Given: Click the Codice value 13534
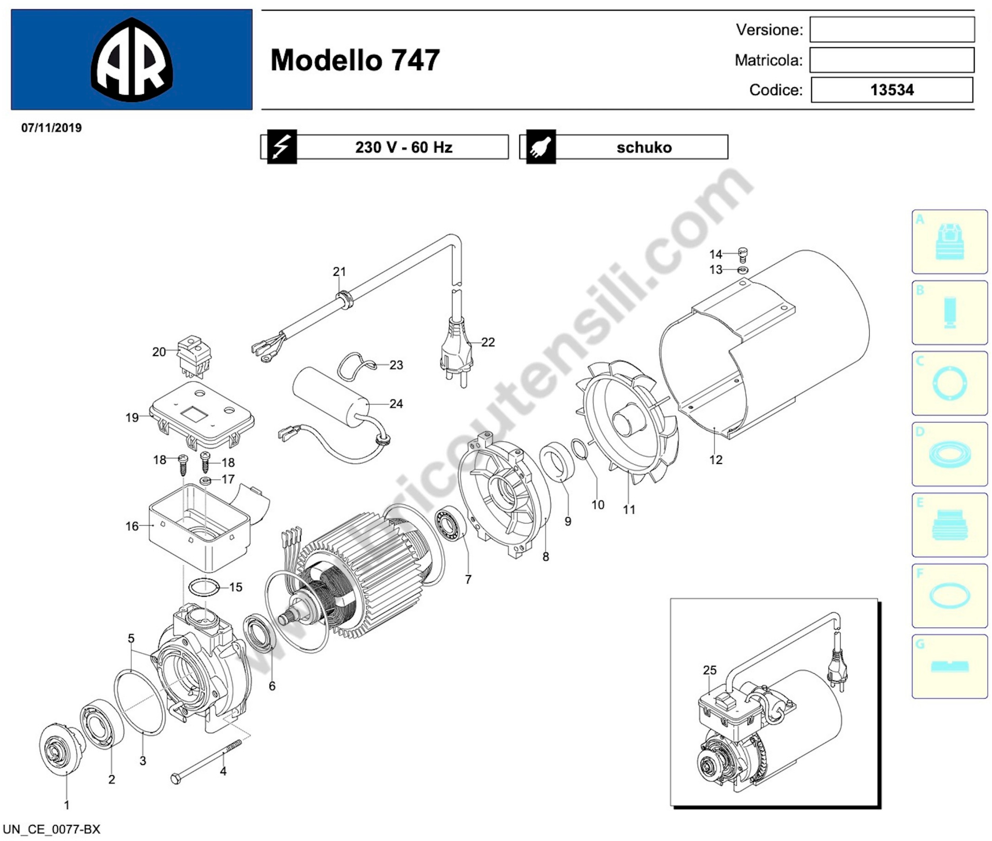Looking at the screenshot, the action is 892,90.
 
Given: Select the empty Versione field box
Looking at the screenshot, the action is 892,30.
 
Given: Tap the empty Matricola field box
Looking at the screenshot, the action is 892,60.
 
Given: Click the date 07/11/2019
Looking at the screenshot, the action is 51,128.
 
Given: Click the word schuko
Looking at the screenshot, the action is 644,147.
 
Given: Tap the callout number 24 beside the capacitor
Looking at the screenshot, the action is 396,404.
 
